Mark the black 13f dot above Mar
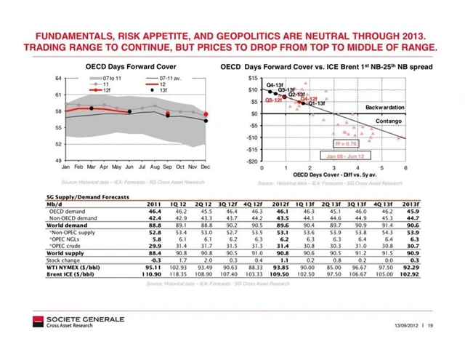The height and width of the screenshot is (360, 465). pyautogui.click(x=92, y=108)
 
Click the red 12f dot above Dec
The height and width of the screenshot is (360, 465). pyautogui.click(x=206, y=115)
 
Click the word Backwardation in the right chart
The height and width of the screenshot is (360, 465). pyautogui.click(x=384, y=107)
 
